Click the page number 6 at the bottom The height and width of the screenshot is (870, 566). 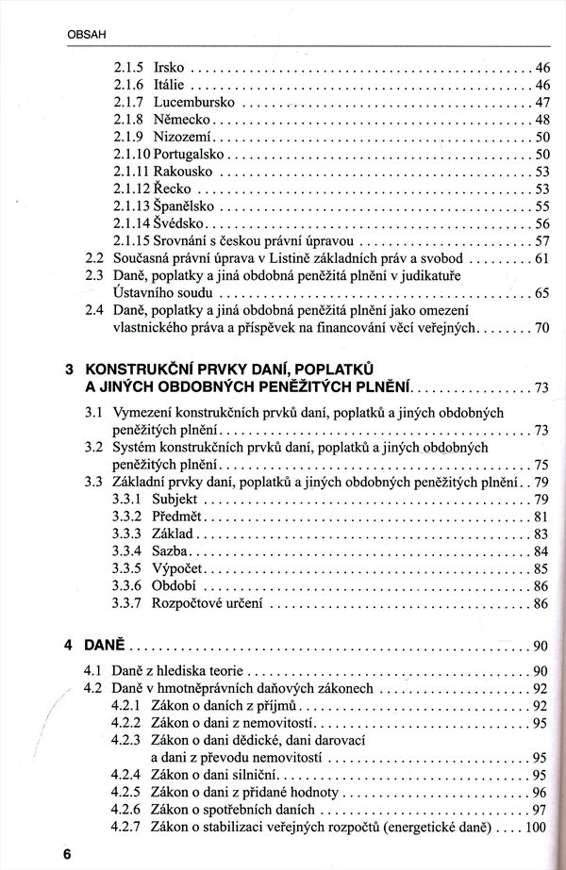(67, 852)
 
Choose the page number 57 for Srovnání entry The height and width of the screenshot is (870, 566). (541, 240)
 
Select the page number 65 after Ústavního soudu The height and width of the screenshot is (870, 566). (541, 293)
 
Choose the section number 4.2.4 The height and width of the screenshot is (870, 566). (125, 774)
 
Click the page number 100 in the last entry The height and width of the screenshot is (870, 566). (537, 827)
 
